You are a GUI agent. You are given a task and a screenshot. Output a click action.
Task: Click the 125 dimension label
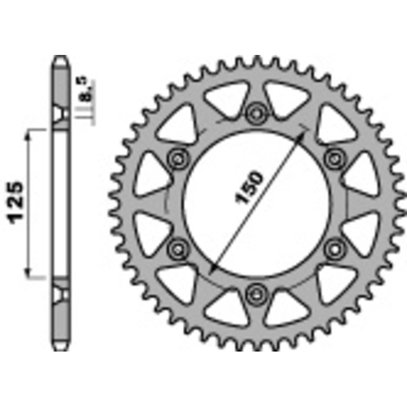pyautogui.click(x=16, y=202)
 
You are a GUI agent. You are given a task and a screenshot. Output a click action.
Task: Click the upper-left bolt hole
pyautogui.click(x=178, y=157)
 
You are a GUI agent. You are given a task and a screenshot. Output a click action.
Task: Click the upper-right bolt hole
pyautogui.click(x=334, y=157)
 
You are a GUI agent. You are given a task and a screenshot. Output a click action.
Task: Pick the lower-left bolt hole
pyautogui.click(x=178, y=248)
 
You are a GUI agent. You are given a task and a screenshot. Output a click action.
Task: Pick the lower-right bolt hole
pyautogui.click(x=334, y=248)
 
